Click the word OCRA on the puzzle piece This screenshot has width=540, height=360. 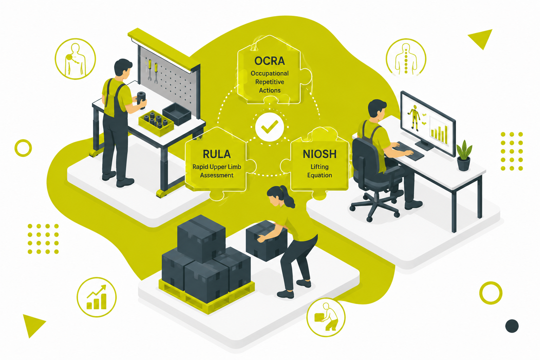point(270,61)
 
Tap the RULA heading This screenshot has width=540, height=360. point(217,154)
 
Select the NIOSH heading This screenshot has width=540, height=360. point(320,154)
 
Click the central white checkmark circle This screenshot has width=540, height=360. point(270,127)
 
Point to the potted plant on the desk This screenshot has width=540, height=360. point(464,155)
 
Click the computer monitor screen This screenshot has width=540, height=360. point(427,123)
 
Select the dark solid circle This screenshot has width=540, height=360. point(512,326)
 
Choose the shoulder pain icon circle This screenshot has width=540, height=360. point(76,59)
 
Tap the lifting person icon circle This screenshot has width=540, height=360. point(326,317)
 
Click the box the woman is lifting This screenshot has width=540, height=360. point(266,240)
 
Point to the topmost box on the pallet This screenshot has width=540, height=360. point(201,238)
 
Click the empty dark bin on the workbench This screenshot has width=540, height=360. point(177,114)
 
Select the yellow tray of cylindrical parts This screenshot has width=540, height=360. point(156,123)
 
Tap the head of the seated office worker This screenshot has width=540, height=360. point(377,109)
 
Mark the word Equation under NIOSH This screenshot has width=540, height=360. point(320,175)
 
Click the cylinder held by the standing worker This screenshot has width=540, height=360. point(142,99)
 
